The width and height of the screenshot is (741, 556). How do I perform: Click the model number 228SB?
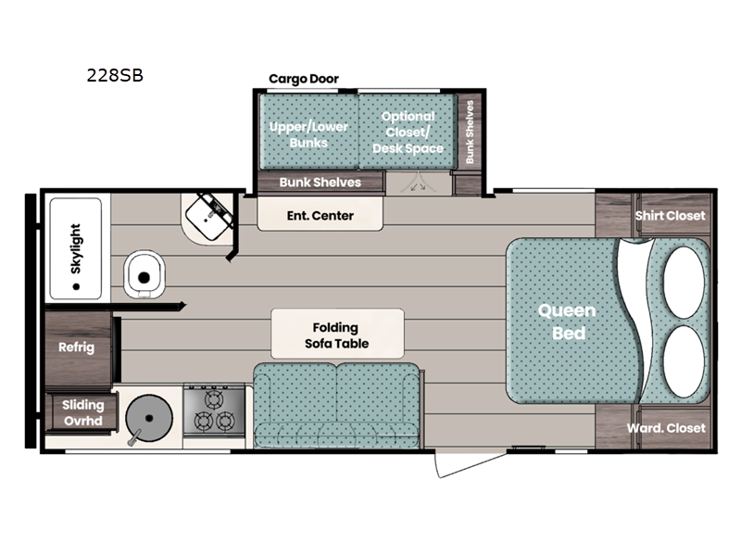click(115, 76)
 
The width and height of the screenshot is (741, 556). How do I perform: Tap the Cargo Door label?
click(304, 79)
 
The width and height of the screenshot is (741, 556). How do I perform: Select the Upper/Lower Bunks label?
click(308, 134)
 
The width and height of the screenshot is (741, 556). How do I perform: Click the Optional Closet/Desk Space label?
click(408, 133)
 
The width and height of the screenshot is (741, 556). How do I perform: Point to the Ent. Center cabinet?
click(320, 214)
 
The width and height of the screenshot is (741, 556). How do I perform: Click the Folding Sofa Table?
click(337, 334)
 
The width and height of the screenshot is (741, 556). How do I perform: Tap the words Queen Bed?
click(568, 322)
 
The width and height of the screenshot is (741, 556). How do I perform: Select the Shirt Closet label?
click(670, 216)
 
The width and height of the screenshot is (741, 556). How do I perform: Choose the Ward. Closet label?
click(666, 428)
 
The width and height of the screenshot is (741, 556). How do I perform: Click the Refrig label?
click(77, 347)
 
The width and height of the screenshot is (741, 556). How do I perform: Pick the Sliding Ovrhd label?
click(82, 412)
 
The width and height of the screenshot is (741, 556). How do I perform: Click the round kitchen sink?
click(149, 418)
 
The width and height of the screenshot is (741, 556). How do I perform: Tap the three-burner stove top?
click(214, 410)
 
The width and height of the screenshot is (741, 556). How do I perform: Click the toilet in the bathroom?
click(144, 274)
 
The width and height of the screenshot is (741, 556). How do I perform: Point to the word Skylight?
click(76, 248)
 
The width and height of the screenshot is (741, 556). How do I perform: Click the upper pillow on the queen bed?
click(684, 283)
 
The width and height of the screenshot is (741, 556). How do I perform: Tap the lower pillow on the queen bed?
click(684, 361)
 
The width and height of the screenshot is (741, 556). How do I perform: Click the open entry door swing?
click(471, 464)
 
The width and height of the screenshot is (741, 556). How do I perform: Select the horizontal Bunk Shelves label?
click(320, 182)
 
